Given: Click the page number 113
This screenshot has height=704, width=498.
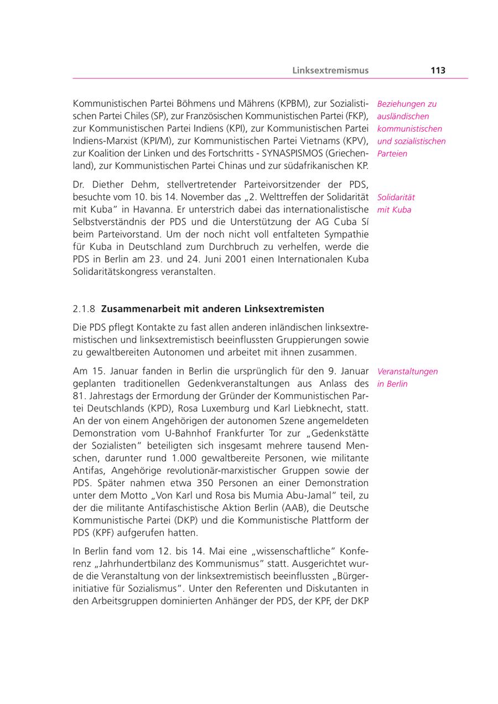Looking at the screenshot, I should (437, 70).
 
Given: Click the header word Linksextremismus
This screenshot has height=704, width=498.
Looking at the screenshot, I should (330, 70).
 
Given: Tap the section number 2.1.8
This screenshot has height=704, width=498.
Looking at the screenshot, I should (84, 309).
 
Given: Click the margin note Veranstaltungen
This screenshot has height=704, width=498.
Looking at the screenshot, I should (407, 372).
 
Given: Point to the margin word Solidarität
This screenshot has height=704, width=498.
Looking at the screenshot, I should (396, 197).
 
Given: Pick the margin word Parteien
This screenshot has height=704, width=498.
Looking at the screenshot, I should (392, 154).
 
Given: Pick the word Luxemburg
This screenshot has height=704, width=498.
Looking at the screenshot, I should (206, 409).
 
